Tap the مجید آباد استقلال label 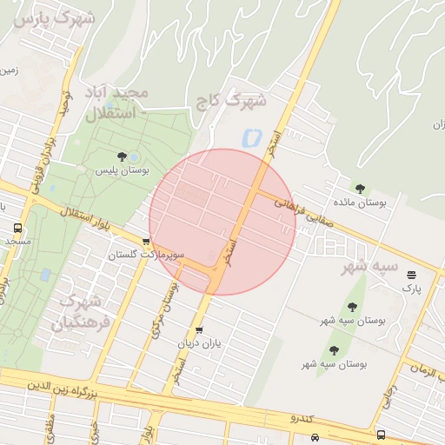point(116,102)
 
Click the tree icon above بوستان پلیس point(122,156)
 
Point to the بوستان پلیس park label point(123,171)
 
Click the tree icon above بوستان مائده point(360,187)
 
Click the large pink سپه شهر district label point(368,266)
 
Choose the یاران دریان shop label point(201,344)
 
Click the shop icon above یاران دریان point(200,330)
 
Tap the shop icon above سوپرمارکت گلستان point(146,242)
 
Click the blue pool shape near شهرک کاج point(253,137)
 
